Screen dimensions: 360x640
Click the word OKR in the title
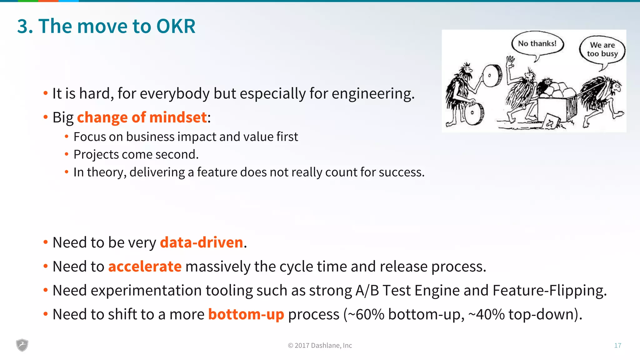pyautogui.click(x=176, y=26)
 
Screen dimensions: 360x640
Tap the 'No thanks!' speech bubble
pyautogui.click(x=537, y=44)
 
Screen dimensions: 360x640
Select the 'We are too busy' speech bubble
pyautogui.click(x=602, y=50)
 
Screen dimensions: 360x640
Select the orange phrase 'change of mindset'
pyautogui.click(x=142, y=117)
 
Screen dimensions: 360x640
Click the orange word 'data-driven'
pyautogui.click(x=202, y=242)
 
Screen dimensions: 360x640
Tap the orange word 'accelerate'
pyautogui.click(x=145, y=267)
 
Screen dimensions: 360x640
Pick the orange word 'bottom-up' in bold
pyautogui.click(x=246, y=314)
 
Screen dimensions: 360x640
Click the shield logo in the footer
pyautogui.click(x=22, y=345)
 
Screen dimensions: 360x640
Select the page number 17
pyautogui.click(x=617, y=345)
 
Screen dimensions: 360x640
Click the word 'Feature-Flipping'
pyautogui.click(x=549, y=290)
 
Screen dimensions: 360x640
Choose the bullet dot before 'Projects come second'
pyautogui.click(x=67, y=154)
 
